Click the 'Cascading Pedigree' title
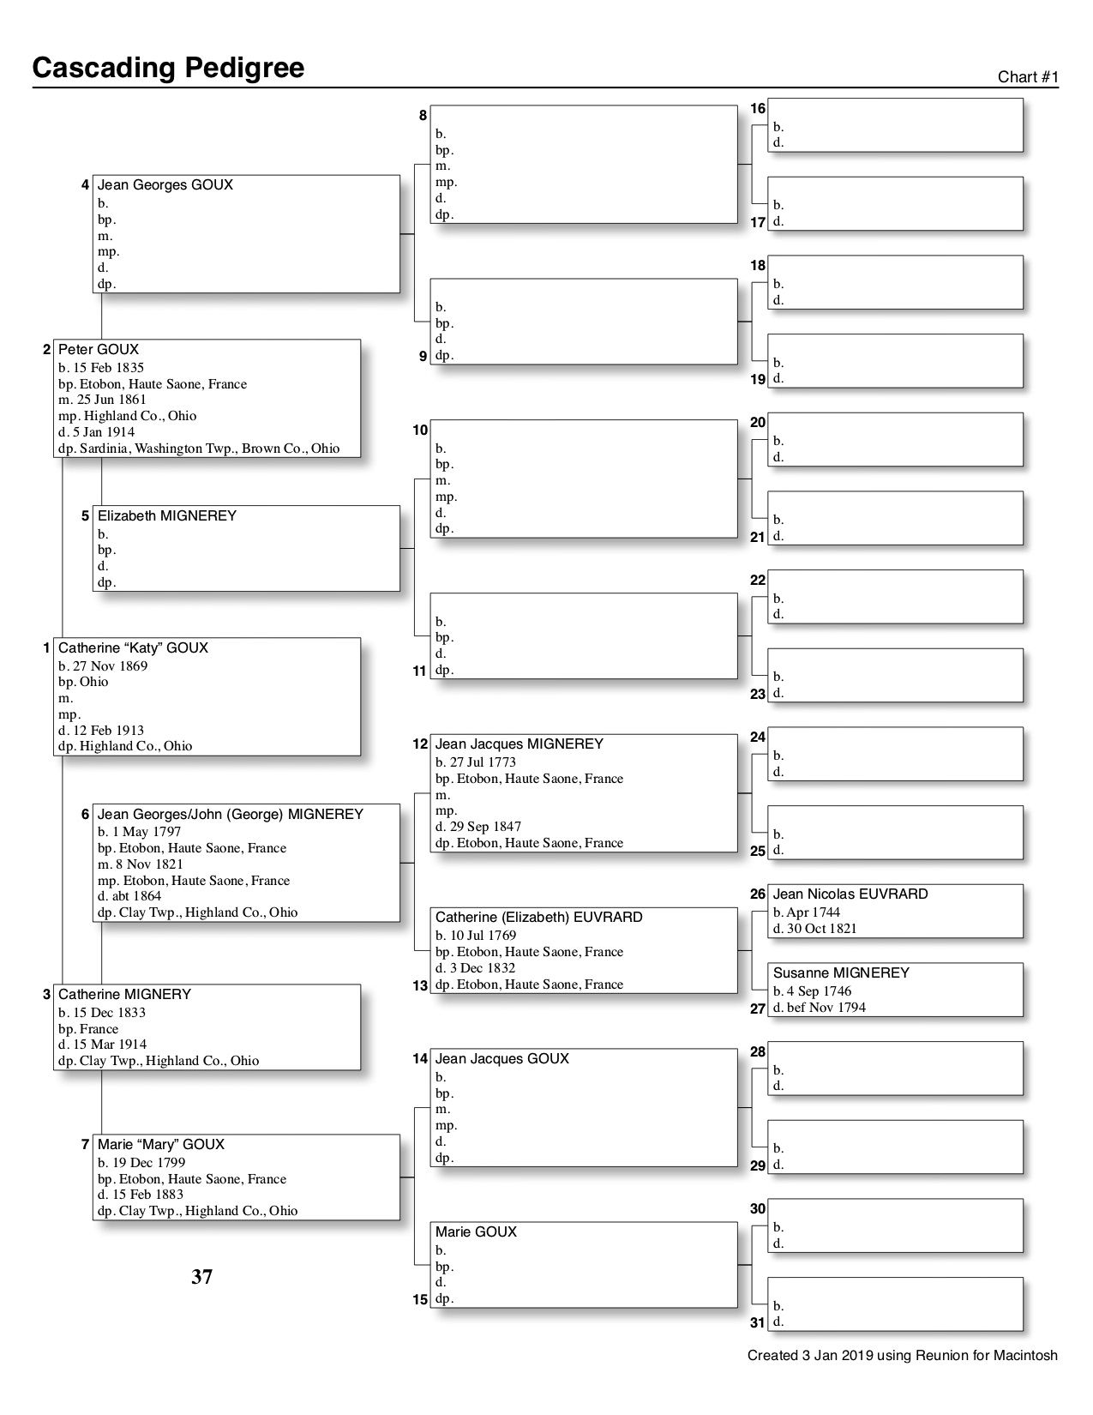click(168, 68)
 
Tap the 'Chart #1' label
click(1028, 77)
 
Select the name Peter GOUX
click(98, 350)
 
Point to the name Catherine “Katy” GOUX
click(133, 648)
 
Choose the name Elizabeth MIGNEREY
click(166, 516)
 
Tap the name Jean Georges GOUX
click(165, 185)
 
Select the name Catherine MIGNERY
click(124, 995)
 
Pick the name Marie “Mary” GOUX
click(161, 1145)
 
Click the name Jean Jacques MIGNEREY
click(519, 744)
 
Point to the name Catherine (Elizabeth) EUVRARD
click(538, 918)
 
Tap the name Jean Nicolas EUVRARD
click(850, 894)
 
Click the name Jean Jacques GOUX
click(501, 1059)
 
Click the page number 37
click(201, 1277)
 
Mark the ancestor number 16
click(758, 109)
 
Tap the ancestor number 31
click(758, 1323)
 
